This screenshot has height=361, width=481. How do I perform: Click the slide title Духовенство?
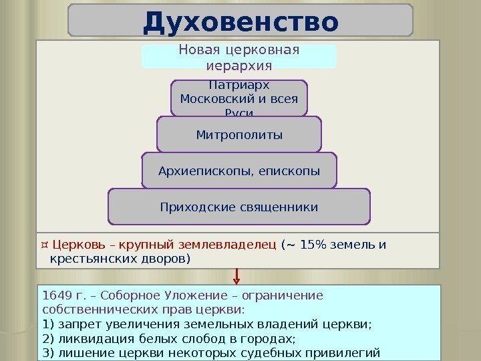tap(240, 21)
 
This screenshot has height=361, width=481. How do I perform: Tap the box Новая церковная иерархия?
tap(239, 57)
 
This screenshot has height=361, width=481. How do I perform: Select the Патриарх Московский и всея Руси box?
tap(239, 98)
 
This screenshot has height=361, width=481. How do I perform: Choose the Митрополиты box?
tap(239, 135)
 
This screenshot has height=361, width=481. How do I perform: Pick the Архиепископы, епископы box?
tap(239, 172)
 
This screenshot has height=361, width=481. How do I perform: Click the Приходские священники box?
tap(239, 207)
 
